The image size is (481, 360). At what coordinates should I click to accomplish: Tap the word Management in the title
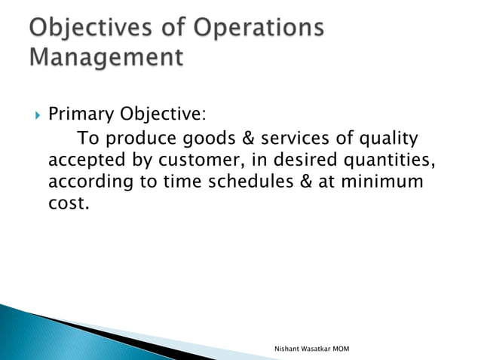(105, 57)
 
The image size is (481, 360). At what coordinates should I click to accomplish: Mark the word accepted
(84, 162)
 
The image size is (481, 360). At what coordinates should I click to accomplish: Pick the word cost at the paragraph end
(66, 205)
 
